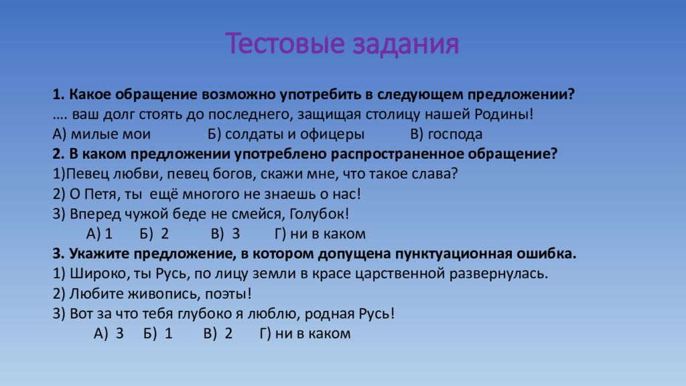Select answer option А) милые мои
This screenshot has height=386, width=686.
101,134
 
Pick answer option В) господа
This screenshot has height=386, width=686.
445,134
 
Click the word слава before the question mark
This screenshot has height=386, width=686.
437,174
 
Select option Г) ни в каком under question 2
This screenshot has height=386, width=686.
320,234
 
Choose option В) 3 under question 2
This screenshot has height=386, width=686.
225,234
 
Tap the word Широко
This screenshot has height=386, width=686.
92,273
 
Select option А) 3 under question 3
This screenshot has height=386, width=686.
109,334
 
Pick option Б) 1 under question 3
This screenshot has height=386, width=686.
158,334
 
